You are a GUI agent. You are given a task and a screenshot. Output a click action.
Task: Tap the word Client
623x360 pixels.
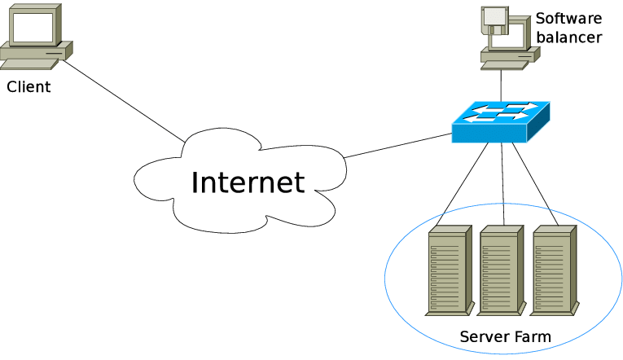[29, 87]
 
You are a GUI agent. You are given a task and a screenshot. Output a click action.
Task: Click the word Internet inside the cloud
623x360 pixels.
[248, 182]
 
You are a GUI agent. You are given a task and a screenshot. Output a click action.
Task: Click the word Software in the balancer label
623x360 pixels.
[568, 18]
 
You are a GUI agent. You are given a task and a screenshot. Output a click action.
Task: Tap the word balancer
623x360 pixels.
[568, 37]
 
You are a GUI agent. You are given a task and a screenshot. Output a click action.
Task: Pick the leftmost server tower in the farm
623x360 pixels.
[449, 270]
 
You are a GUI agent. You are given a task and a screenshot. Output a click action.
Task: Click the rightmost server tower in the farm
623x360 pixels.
[554, 270]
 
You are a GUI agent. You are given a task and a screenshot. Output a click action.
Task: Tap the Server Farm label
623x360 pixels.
[505, 336]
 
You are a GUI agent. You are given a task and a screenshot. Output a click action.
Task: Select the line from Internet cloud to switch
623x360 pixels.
[399, 144]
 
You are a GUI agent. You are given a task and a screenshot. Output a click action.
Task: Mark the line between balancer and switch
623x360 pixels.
[501, 86]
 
